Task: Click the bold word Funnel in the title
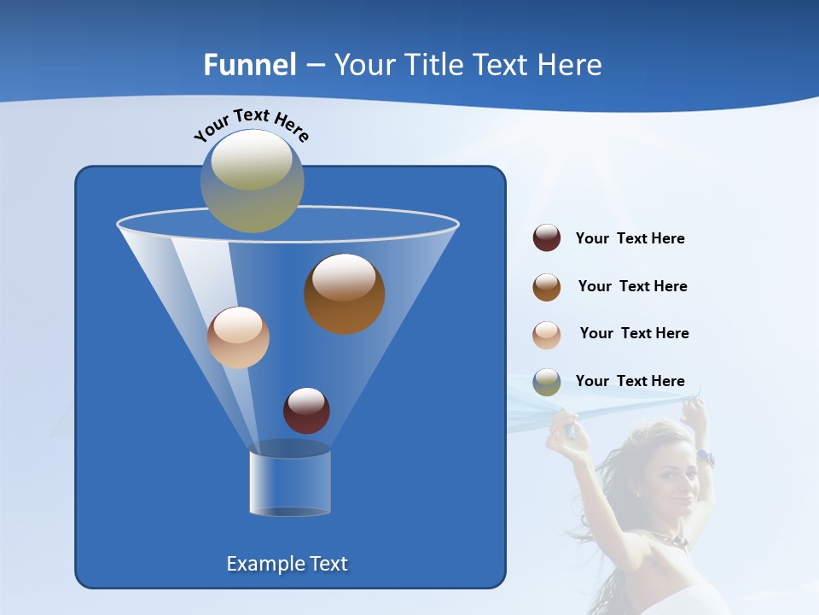(250, 65)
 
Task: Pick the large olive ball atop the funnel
(253, 180)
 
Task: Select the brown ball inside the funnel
(345, 294)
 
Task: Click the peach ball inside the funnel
(238, 337)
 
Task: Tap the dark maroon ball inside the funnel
(306, 410)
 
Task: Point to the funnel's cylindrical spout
(289, 483)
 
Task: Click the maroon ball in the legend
(547, 238)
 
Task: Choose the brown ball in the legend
(547, 287)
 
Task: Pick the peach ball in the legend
(547, 335)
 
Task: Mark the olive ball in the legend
(547, 382)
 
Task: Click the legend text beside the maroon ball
(630, 239)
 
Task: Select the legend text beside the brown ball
(632, 287)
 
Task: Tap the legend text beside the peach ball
(634, 334)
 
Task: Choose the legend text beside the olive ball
(630, 382)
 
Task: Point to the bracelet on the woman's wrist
(705, 457)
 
